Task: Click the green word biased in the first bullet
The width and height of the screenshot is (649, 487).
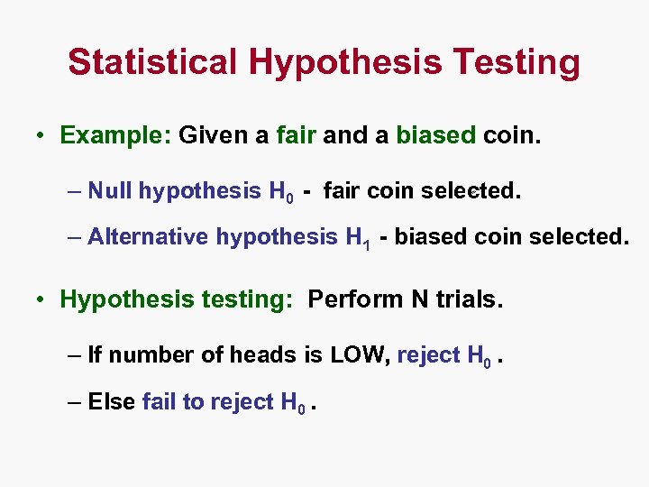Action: (x=435, y=135)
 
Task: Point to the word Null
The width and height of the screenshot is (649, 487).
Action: (x=110, y=190)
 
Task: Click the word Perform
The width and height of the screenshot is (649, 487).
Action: (x=354, y=299)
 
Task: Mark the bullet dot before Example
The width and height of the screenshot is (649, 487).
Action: (x=41, y=136)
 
